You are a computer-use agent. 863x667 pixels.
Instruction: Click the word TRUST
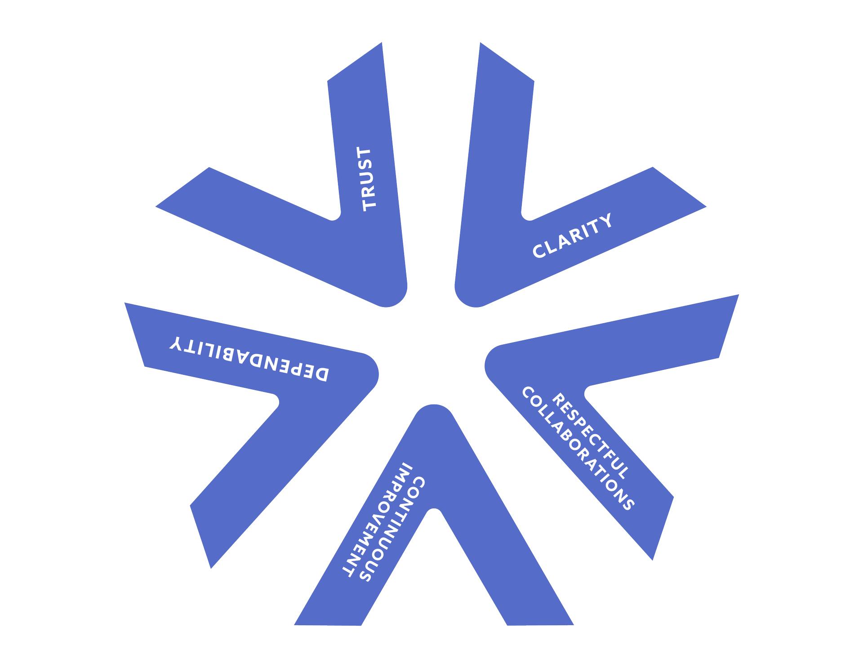pyautogui.click(x=368, y=179)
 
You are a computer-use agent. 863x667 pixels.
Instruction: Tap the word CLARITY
pyautogui.click(x=572, y=236)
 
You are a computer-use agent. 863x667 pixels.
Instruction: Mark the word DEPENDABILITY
pyautogui.click(x=249, y=359)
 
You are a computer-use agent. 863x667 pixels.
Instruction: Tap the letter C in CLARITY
pyautogui.click(x=538, y=251)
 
